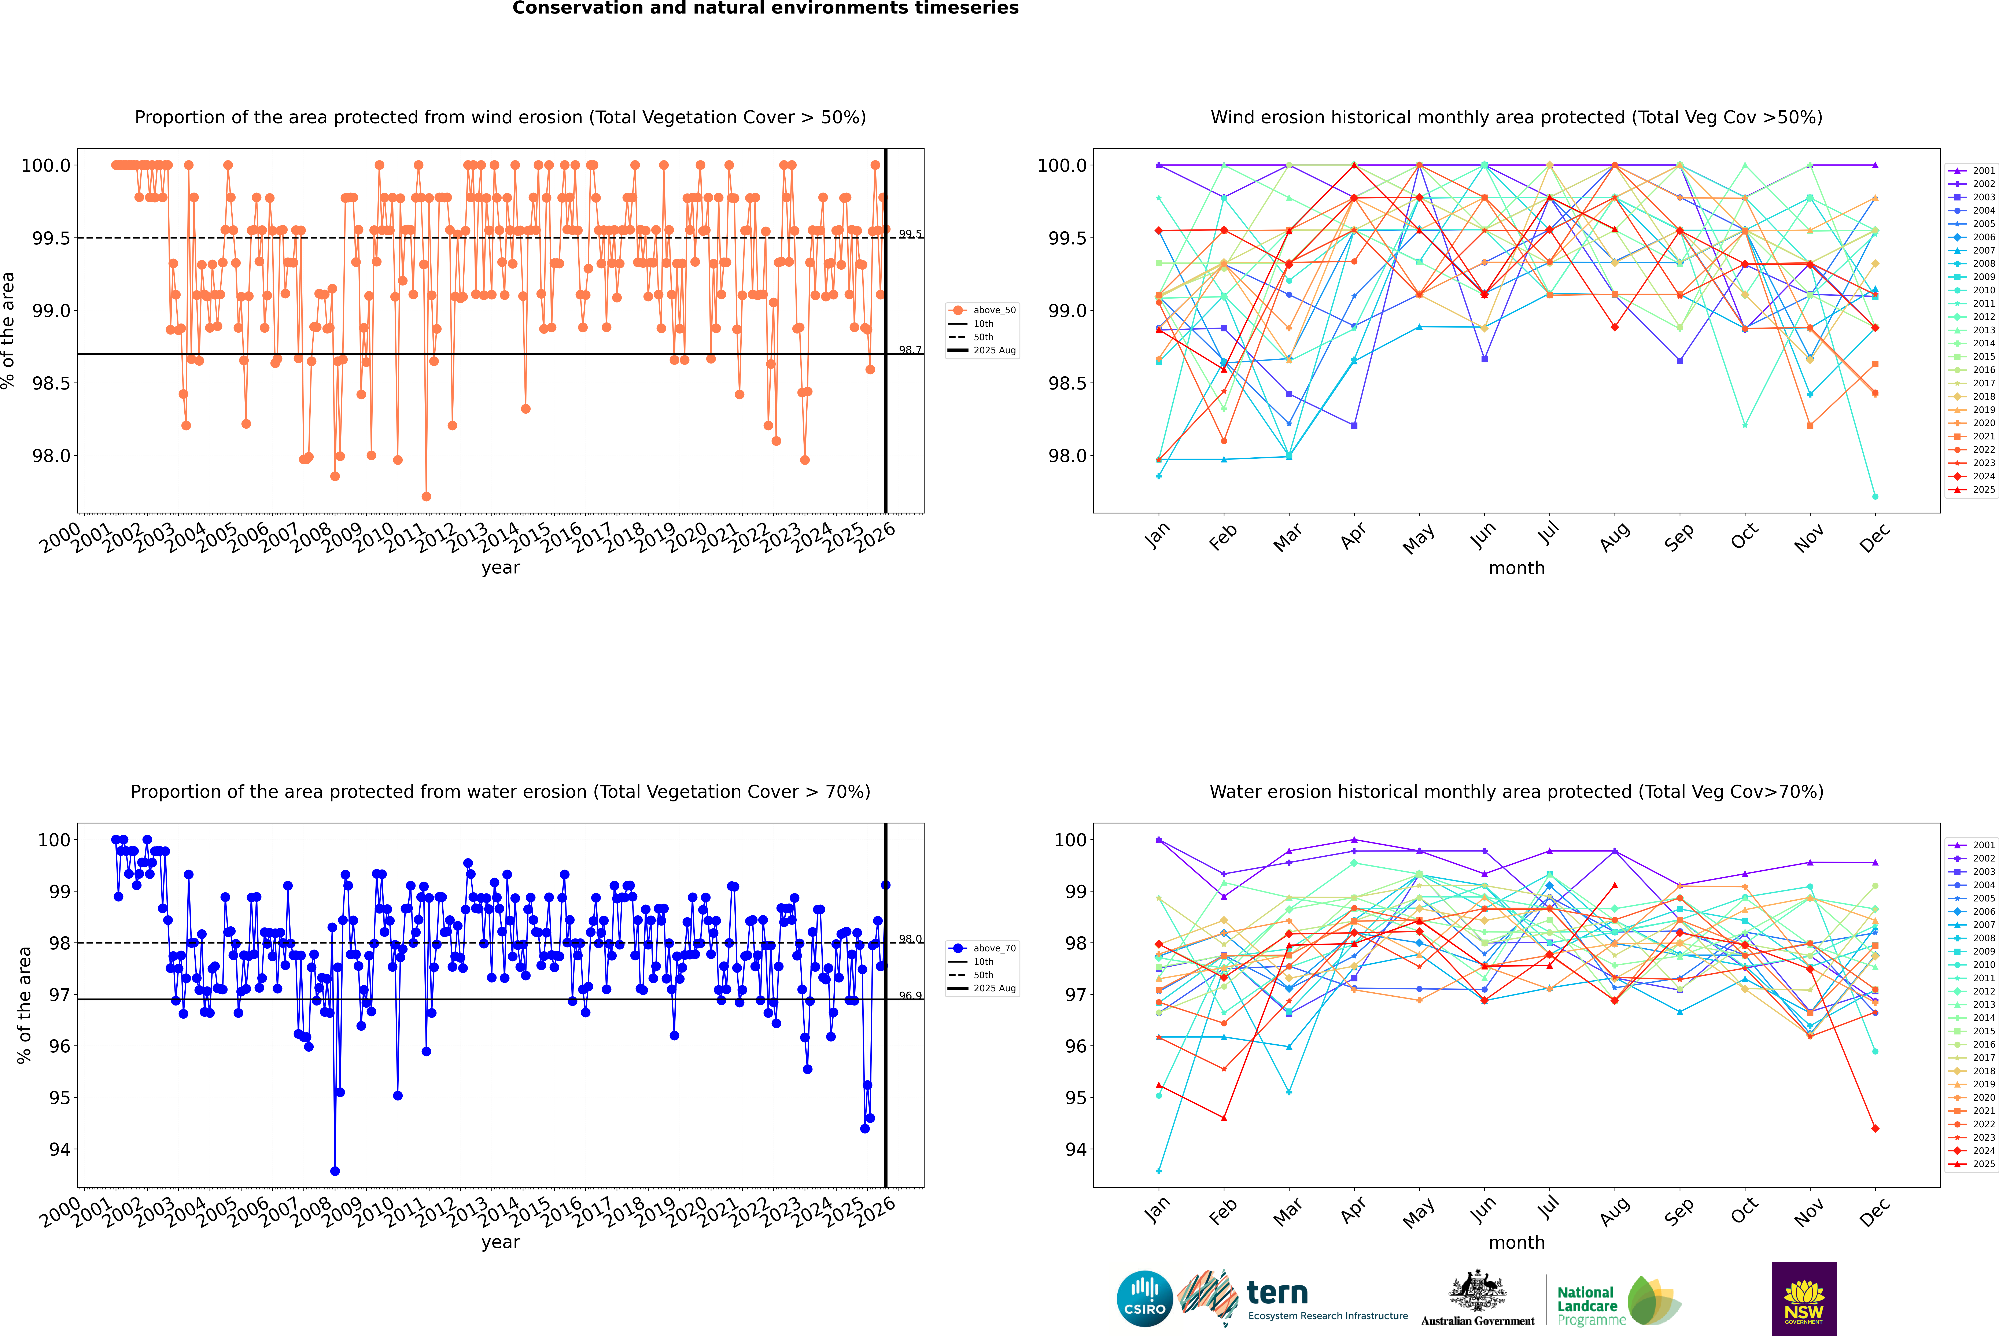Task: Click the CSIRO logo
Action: tap(1144, 1299)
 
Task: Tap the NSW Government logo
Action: tap(1804, 1299)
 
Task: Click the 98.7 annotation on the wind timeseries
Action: tap(910, 350)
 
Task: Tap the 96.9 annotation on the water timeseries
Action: tap(910, 995)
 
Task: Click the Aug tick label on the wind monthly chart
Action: tap(1615, 537)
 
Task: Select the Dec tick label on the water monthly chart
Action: tap(1875, 1212)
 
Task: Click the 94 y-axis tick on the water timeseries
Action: tap(59, 1149)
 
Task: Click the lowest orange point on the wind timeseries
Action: tap(426, 497)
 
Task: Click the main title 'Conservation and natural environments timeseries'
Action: tap(765, 8)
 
